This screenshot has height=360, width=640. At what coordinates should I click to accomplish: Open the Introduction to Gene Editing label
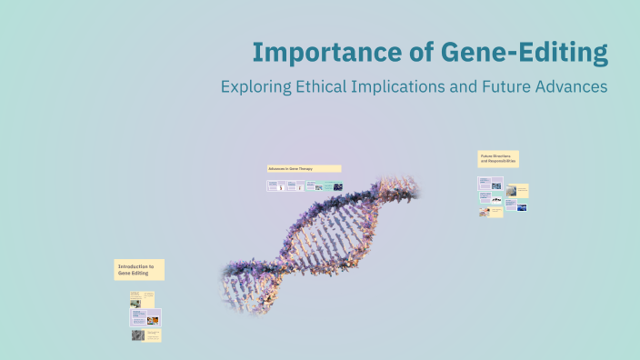(139, 269)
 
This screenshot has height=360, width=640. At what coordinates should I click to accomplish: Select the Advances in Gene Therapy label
(304, 168)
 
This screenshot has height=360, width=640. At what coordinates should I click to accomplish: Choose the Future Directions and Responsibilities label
(498, 158)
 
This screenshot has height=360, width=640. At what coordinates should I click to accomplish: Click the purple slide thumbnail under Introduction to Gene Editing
(146, 317)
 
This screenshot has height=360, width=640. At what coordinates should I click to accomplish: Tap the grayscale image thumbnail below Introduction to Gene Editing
(137, 335)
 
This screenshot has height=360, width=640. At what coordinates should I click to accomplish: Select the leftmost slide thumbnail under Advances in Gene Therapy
(275, 185)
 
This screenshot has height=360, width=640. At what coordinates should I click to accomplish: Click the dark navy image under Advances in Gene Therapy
(338, 186)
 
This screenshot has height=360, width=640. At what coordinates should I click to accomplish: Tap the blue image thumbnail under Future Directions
(522, 206)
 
